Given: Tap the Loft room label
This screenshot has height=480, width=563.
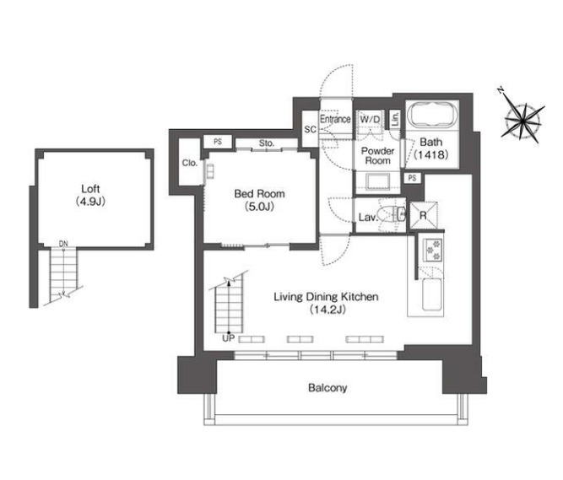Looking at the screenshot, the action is coord(90,195).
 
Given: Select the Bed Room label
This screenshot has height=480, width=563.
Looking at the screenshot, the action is coord(260,200).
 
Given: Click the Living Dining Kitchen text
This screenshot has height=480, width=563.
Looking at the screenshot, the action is coord(326,303).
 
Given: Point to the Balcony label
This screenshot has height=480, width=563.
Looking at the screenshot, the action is coord(328,388).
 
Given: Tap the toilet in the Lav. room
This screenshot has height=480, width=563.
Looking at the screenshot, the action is coord(391,215).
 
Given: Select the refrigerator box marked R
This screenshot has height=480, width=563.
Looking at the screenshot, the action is coord(424,215).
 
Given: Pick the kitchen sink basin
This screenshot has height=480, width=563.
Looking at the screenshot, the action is coord(432,294).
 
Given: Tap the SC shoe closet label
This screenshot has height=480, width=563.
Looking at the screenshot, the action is coord(311,129).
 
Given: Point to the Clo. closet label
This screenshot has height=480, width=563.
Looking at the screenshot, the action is coord(190,163).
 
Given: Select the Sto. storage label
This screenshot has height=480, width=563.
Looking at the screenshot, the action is coord(267,143).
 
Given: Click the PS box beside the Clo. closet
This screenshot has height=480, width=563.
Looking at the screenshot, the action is coord(218,142).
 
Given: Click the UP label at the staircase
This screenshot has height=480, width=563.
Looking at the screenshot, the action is coord(229,338).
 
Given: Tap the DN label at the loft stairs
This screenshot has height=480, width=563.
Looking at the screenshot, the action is coord(63,244).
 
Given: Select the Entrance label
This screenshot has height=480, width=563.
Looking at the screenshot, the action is coord(335,119).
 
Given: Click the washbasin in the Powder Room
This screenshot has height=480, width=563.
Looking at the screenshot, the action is coord(378,181).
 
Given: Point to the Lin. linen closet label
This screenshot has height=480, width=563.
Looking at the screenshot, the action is coord(395,119).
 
